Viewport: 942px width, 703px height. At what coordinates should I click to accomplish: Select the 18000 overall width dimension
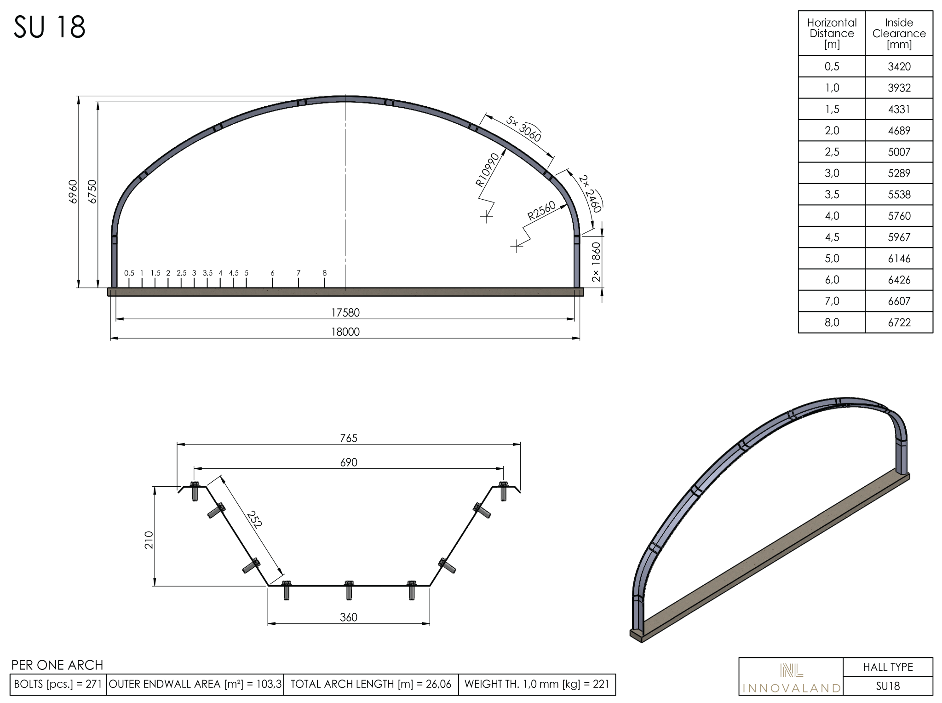345,332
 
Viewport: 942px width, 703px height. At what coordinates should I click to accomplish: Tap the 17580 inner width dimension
345,313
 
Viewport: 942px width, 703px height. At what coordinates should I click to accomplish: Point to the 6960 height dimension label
73,192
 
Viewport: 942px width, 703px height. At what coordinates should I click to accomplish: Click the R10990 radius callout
488,170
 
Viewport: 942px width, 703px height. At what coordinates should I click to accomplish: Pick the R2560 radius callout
541,211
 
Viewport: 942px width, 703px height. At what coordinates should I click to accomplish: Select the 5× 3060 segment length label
523,129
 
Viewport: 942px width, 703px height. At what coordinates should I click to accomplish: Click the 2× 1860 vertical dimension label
596,262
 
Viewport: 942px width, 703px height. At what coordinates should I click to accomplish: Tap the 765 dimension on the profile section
349,438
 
